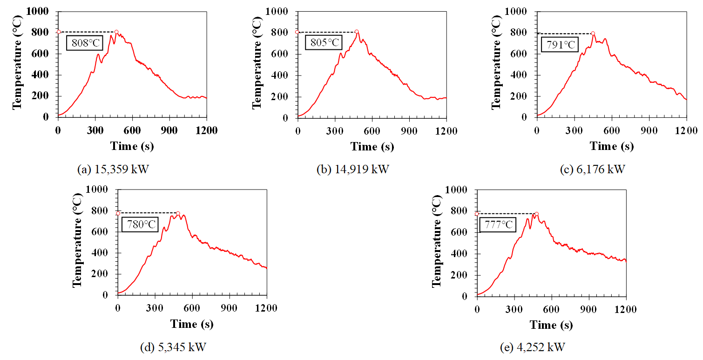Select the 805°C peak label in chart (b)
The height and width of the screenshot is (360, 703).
tap(323, 43)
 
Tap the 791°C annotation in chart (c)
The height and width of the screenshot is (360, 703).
tap(559, 45)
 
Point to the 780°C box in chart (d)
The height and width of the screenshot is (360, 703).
tap(140, 224)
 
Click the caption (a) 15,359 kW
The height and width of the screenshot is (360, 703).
tap(113, 170)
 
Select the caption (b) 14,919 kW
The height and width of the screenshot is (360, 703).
tap(352, 170)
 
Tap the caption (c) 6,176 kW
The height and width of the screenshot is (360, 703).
tap(592, 170)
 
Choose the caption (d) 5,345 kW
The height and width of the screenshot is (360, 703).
tap(173, 347)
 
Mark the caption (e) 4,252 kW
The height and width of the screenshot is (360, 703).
tap(533, 347)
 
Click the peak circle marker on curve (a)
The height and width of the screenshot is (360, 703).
tap(116, 32)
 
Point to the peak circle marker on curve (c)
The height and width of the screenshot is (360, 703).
tap(593, 34)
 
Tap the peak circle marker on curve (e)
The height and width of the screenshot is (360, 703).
tap(536, 214)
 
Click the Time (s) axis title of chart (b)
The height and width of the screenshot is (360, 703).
tap(372, 147)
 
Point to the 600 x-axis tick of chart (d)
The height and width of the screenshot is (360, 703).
tap(192, 307)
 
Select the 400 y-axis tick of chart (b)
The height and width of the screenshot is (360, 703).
tap(279, 75)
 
